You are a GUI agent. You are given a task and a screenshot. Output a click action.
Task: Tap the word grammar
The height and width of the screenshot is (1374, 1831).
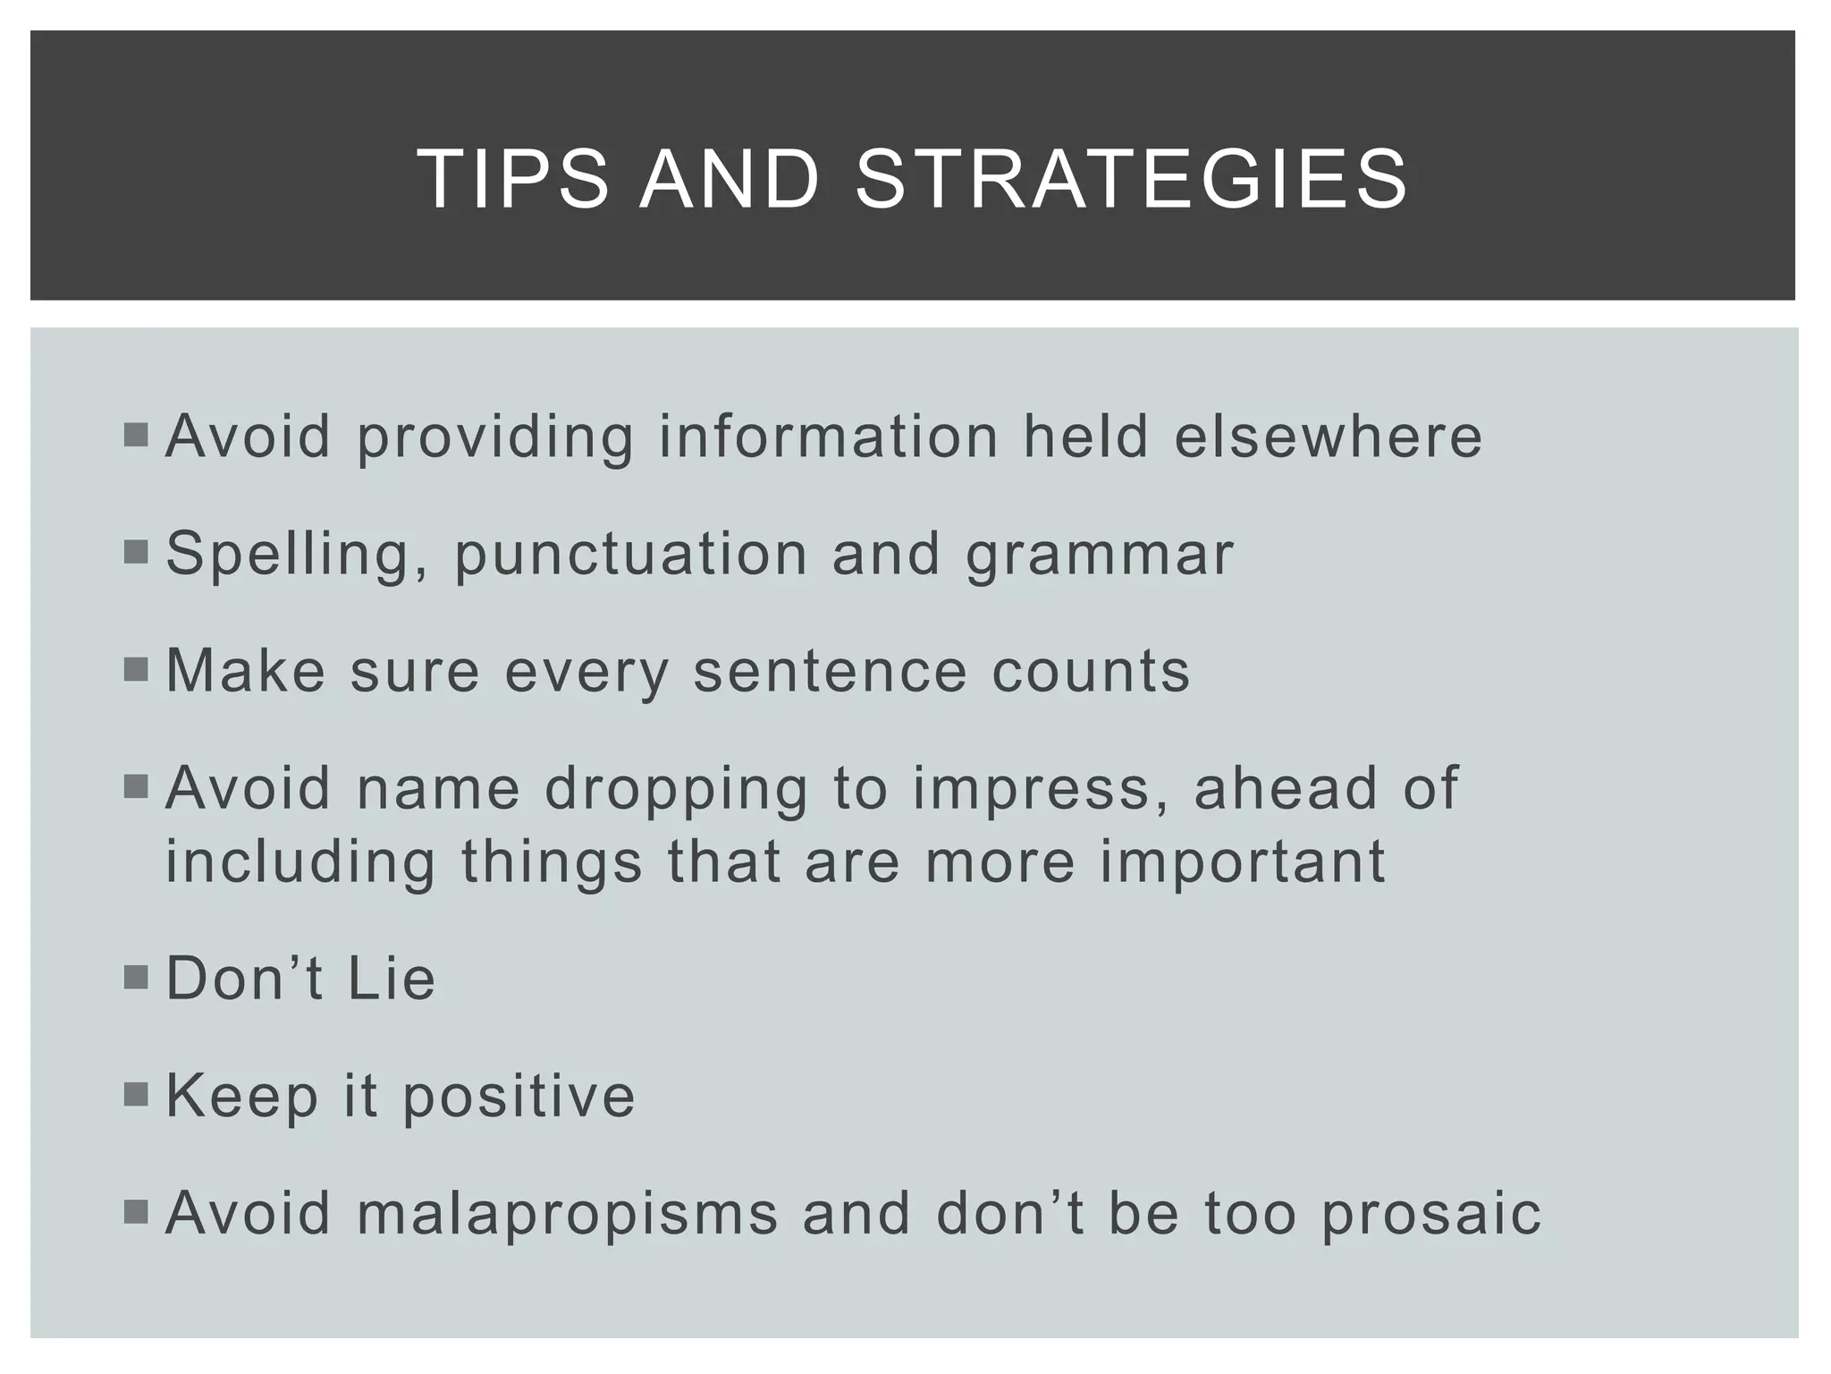1100,555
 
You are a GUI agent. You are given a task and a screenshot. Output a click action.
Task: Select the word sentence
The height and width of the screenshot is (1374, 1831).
831,671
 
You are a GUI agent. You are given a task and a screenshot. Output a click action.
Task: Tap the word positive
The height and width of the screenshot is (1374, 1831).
519,1097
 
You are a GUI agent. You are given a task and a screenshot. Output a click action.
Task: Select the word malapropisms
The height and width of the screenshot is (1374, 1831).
568,1215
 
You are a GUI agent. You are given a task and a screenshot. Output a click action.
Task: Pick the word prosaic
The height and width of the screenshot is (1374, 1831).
1431,1215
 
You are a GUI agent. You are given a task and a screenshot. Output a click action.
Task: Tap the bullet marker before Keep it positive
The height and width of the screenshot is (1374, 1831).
136,1094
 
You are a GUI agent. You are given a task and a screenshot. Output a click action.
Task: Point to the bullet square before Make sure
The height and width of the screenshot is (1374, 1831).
136,669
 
